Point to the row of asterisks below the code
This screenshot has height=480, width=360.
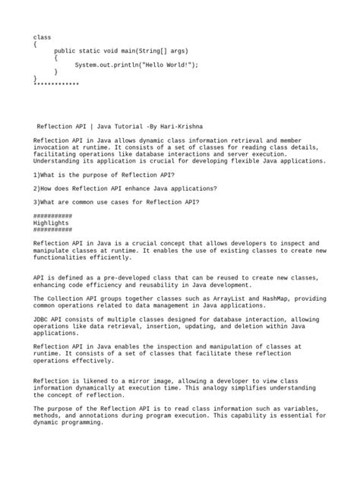tap(56, 84)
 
